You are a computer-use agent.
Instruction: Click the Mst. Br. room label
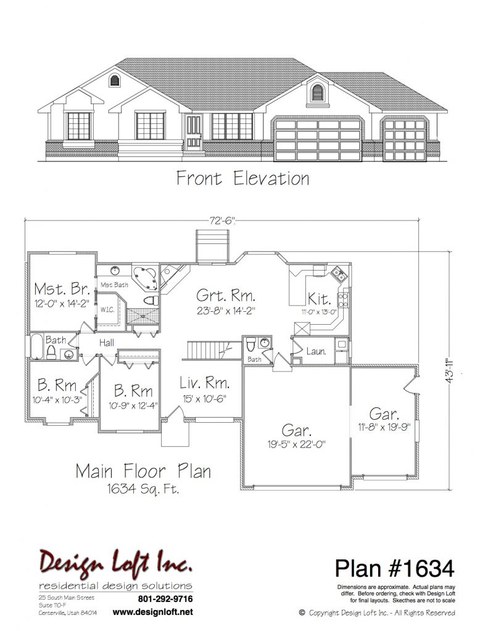pyautogui.click(x=62, y=289)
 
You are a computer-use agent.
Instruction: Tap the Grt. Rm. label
pyautogui.click(x=226, y=296)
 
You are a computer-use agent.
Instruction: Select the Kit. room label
pyautogui.click(x=319, y=299)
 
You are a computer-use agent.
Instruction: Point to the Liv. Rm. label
pyautogui.click(x=205, y=383)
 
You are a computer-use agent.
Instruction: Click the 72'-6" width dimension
pyautogui.click(x=222, y=221)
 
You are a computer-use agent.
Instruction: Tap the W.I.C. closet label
pyautogui.click(x=107, y=310)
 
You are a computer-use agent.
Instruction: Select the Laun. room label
pyautogui.click(x=316, y=351)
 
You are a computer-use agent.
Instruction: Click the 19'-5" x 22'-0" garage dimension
pyautogui.click(x=297, y=444)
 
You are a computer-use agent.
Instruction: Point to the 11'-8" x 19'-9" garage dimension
pyautogui.click(x=384, y=427)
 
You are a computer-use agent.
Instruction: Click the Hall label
pyautogui.click(x=107, y=343)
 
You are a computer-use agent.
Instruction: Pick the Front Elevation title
pyautogui.click(x=243, y=178)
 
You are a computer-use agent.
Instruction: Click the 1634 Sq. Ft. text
pyautogui.click(x=143, y=489)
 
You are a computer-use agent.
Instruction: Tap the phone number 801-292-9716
pyautogui.click(x=165, y=599)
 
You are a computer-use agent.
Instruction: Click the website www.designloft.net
pyautogui.click(x=153, y=612)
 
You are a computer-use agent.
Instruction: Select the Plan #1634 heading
pyautogui.click(x=394, y=568)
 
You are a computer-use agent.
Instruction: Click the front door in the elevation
pyautogui.click(x=194, y=132)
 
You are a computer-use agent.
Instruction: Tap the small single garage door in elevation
pyautogui.click(x=405, y=139)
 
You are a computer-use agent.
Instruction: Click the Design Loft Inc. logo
pyautogui.click(x=115, y=561)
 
